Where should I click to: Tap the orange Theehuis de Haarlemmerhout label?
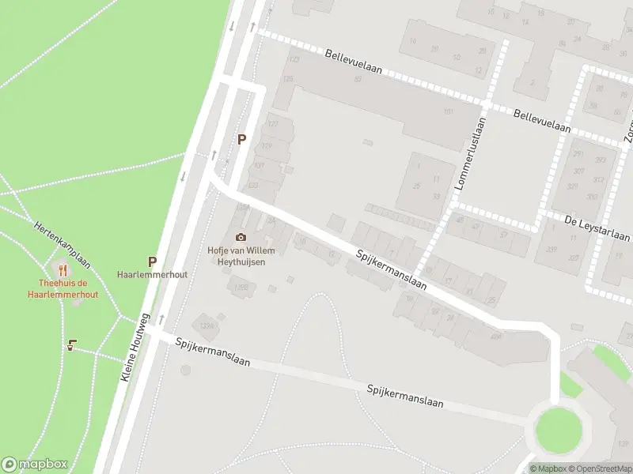point(68,288)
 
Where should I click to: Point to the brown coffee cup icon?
point(71,344)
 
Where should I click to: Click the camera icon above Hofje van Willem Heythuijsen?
point(241,237)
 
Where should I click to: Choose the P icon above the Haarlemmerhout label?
point(152,261)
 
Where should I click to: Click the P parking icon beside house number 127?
point(242,140)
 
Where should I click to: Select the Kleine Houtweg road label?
point(135,348)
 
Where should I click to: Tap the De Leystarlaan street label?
point(597,228)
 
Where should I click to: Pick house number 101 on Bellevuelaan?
point(449,111)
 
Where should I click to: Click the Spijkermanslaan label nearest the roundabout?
point(404,396)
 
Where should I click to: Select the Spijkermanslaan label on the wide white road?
point(390,271)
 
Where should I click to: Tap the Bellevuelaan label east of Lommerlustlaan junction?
point(542,121)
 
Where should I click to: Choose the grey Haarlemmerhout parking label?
point(152,274)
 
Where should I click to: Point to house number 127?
point(274,124)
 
